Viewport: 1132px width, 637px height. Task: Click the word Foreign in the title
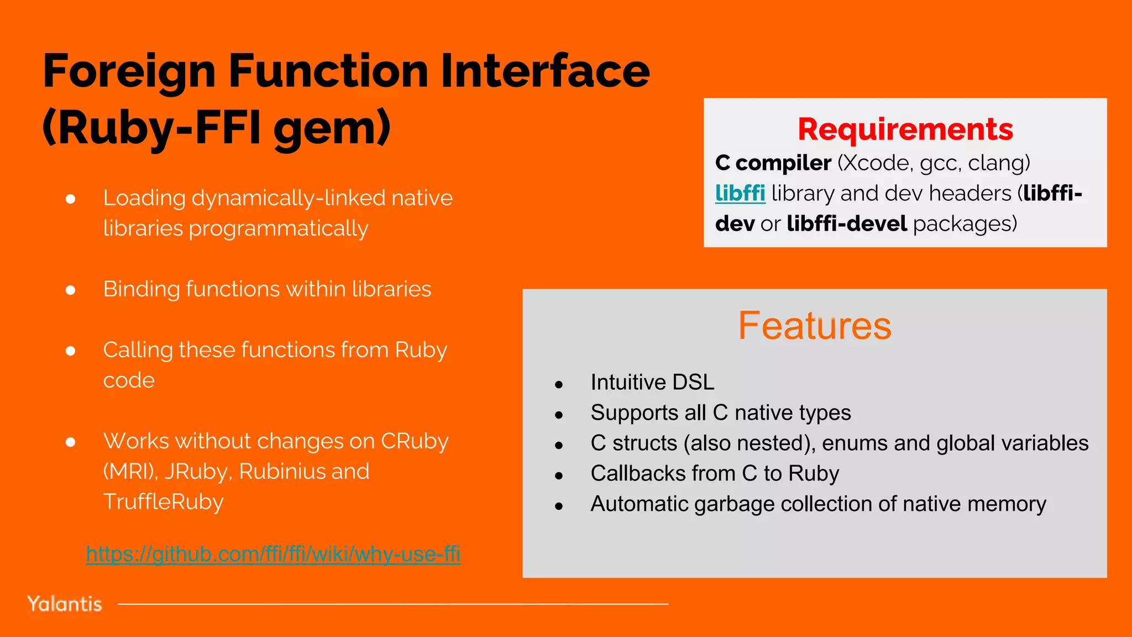coord(129,72)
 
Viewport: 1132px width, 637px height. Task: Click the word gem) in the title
coord(332,128)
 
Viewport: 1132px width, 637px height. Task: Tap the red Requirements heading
coord(905,129)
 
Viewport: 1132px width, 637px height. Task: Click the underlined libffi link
coord(740,194)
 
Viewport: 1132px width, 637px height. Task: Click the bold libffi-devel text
coord(847,224)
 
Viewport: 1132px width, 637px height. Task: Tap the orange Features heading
coord(814,326)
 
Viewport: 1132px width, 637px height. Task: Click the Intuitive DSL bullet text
coord(652,383)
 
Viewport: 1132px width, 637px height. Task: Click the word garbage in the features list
coord(735,504)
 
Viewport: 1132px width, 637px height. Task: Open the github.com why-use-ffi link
coord(273,554)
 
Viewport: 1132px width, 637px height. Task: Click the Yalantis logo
coord(65,604)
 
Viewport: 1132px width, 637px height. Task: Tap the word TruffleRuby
coord(163,502)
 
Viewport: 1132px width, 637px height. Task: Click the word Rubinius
coord(282,472)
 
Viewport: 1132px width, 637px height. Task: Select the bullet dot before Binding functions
coord(70,290)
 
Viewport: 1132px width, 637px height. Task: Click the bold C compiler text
coord(773,163)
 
